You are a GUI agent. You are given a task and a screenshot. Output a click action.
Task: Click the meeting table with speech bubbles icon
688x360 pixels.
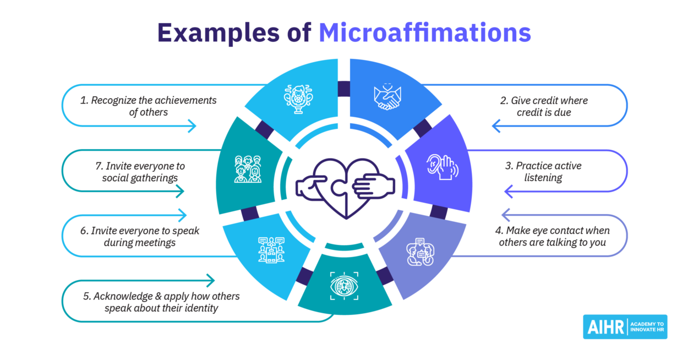(271, 249)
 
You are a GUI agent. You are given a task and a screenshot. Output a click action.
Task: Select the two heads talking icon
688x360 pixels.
(420, 252)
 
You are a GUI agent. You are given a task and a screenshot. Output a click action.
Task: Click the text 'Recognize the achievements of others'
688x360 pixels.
(146, 106)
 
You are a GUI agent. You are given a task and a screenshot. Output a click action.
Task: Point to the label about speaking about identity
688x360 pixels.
(161, 302)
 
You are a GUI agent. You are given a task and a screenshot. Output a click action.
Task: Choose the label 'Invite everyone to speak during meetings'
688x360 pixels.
(139, 236)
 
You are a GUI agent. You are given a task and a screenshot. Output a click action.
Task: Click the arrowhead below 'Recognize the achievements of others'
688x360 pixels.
(191, 127)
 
